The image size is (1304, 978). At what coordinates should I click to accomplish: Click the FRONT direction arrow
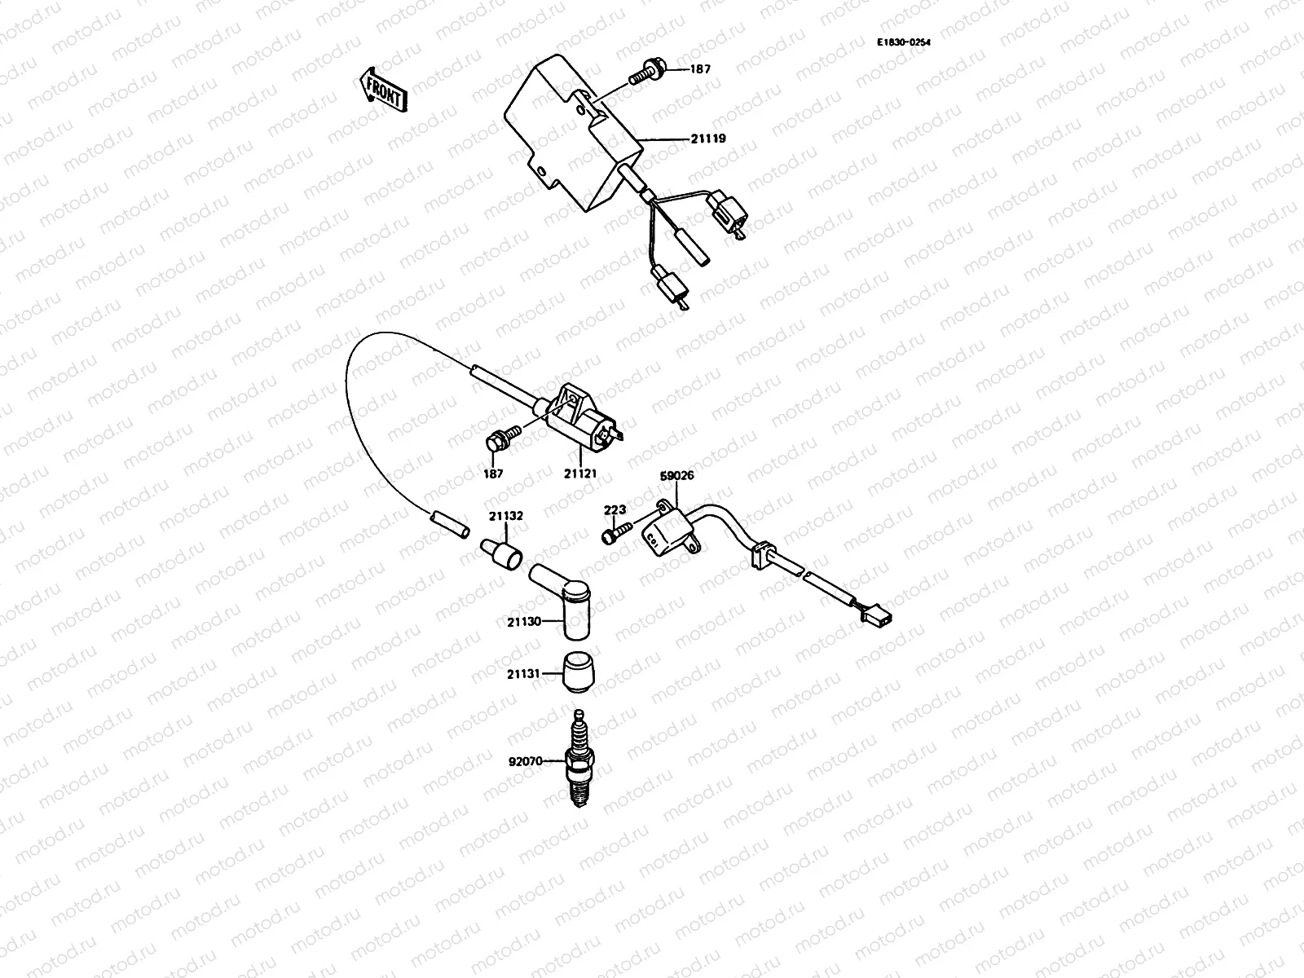[381, 89]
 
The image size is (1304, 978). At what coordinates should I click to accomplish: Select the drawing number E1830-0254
[903, 42]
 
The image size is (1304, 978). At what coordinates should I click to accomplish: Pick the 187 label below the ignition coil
[493, 473]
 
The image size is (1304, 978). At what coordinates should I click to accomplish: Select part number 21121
[581, 473]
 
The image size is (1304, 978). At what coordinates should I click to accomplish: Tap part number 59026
[676, 475]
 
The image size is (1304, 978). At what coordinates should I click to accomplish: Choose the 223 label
[615, 510]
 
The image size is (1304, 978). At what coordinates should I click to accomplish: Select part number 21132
[506, 516]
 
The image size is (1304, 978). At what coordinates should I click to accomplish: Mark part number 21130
[523, 622]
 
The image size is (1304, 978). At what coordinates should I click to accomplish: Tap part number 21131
[523, 674]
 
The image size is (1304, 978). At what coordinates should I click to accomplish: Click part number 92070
[525, 763]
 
